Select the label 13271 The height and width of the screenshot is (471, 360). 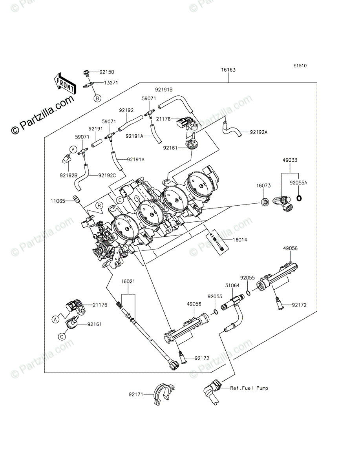[x=111, y=83]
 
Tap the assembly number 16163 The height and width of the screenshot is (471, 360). [x=228, y=70]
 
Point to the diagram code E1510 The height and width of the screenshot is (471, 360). [x=299, y=66]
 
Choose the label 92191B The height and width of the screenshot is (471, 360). [x=164, y=89]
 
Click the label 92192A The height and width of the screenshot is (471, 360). [x=259, y=132]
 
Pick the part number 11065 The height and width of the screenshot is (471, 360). [x=57, y=201]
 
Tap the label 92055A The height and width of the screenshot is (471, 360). [x=299, y=183]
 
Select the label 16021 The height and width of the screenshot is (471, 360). [x=128, y=281]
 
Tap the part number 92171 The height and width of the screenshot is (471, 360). [x=135, y=393]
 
